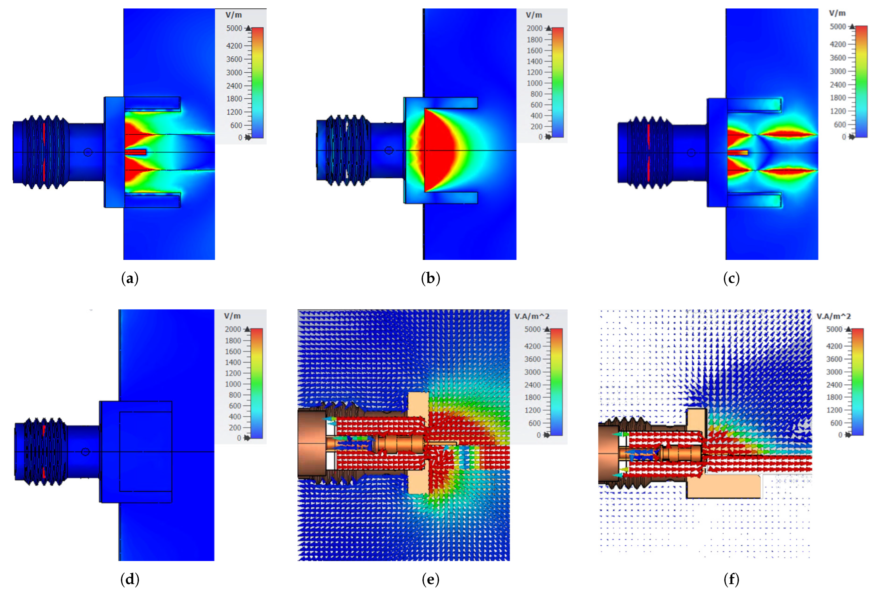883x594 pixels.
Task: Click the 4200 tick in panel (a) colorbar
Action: (234, 46)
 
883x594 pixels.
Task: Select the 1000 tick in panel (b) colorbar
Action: (535, 83)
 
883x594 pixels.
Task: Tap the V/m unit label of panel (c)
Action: (837, 13)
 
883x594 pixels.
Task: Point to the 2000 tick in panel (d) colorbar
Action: (233, 329)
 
